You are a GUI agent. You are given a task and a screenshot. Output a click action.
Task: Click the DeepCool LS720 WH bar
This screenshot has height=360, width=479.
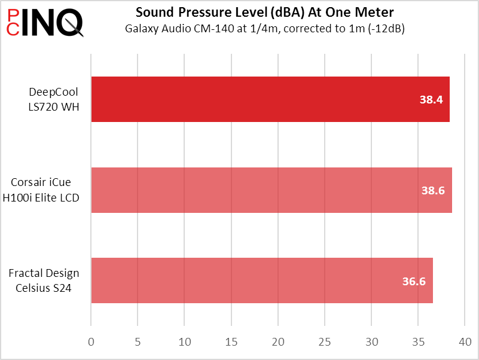(x=270, y=99)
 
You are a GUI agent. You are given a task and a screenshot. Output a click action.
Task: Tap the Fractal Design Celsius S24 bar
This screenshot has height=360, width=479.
(x=261, y=280)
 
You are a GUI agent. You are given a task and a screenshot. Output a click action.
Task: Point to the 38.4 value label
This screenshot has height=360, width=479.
(x=431, y=100)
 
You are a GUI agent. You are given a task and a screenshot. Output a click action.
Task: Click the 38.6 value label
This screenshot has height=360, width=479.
(x=433, y=191)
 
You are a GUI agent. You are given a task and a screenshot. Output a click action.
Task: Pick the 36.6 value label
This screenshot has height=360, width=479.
(x=414, y=281)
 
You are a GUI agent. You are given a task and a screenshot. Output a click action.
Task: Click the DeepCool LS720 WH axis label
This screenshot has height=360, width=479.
(x=54, y=99)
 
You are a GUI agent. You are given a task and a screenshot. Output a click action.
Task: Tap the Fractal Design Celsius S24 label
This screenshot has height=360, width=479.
(x=44, y=280)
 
